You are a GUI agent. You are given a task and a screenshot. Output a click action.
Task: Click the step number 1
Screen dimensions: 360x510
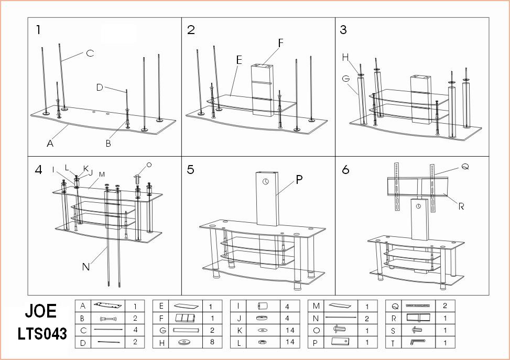tap(38, 30)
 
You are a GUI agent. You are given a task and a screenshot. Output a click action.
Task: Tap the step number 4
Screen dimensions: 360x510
tap(39, 170)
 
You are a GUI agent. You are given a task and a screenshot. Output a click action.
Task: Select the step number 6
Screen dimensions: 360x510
tap(345, 170)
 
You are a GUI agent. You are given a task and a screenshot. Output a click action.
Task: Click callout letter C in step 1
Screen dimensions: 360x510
tap(90, 53)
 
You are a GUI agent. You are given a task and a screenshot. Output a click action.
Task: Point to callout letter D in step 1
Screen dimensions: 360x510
tap(100, 88)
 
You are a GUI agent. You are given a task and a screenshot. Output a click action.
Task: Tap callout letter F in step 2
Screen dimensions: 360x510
tap(281, 43)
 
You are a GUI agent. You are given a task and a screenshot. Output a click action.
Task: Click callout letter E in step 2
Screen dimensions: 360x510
tap(239, 60)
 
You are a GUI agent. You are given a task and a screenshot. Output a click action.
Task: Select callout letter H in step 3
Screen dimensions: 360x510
tap(345, 57)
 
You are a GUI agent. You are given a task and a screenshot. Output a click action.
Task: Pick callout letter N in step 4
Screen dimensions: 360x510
tap(86, 267)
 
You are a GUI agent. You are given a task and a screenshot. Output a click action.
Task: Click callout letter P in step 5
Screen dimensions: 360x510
tap(299, 180)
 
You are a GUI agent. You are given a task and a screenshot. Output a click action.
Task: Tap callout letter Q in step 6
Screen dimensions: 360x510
tap(464, 167)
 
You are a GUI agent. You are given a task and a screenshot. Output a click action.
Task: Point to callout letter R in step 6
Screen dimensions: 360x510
tap(461, 206)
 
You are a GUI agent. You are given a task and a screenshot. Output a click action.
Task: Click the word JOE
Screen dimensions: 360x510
tap(40, 311)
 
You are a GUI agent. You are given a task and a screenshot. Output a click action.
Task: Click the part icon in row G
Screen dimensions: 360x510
tap(187, 330)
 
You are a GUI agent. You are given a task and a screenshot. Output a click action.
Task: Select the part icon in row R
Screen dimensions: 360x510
tap(418, 318)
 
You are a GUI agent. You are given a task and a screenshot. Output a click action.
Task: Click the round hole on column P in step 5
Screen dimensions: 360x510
tap(265, 182)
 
